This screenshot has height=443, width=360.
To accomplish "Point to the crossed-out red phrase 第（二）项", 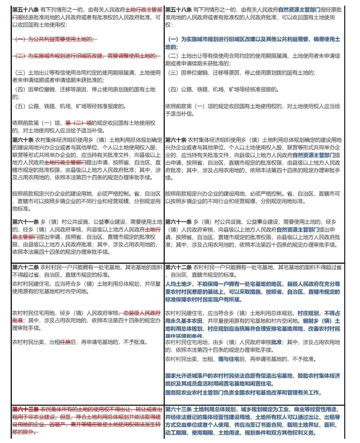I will [78, 123].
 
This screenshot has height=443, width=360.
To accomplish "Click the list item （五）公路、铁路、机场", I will [69, 106].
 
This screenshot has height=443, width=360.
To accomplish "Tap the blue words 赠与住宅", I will [229, 359].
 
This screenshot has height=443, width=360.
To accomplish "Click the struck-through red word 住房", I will [65, 342].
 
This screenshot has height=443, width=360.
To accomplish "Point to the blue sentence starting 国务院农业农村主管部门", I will [243, 393].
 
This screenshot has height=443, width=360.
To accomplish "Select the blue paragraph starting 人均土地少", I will [252, 292].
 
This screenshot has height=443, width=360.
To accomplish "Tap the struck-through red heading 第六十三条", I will [26, 409].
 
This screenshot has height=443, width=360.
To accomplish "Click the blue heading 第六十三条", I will [178, 409].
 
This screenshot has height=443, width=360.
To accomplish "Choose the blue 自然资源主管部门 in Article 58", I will [299, 10].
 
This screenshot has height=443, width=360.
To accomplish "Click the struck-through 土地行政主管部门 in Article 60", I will [65, 162].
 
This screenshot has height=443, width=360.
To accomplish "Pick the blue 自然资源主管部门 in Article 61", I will [298, 230].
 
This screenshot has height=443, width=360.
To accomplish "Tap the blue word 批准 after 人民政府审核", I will [276, 342].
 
